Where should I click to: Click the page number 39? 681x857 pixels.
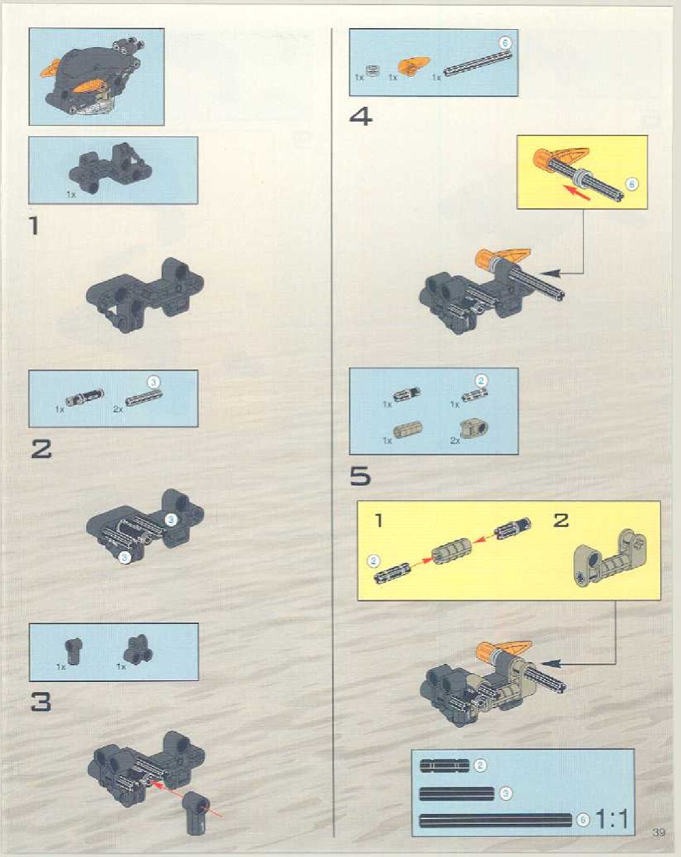pyautogui.click(x=659, y=832)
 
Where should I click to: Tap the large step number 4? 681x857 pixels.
pyautogui.click(x=361, y=117)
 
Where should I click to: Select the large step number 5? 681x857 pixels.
pyautogui.click(x=360, y=476)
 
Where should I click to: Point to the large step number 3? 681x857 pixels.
pyautogui.click(x=41, y=701)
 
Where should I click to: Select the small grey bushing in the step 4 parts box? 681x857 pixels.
pyautogui.click(x=373, y=71)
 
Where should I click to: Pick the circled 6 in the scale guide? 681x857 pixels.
pyautogui.click(x=583, y=820)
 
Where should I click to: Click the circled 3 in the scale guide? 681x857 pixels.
pyautogui.click(x=505, y=793)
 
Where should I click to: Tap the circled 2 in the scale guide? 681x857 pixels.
pyautogui.click(x=480, y=765)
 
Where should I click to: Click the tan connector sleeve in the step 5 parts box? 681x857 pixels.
pyautogui.click(x=407, y=429)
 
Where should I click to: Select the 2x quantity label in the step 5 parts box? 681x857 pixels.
pyautogui.click(x=455, y=440)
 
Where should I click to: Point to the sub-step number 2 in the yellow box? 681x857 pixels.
pyautogui.click(x=560, y=521)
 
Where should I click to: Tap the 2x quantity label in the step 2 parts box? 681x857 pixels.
pyautogui.click(x=118, y=409)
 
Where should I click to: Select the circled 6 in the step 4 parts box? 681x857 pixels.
pyautogui.click(x=505, y=42)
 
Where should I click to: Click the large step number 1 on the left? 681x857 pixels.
pyautogui.click(x=34, y=226)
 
